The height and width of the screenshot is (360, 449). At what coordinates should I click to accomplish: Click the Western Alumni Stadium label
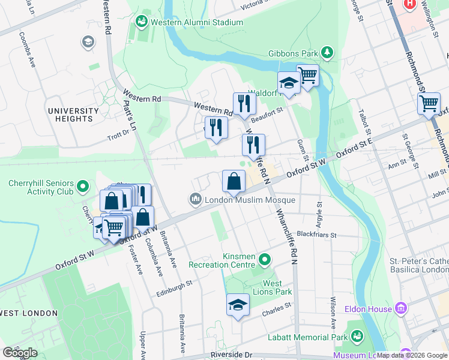click(196, 23)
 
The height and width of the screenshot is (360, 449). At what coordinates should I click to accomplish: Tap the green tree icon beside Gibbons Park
click(327, 53)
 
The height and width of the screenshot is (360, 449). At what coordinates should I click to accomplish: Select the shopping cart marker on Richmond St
click(429, 103)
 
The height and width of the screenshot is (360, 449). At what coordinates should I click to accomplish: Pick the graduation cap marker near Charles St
click(238, 304)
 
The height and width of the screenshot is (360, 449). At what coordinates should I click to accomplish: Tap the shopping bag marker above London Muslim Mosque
click(234, 180)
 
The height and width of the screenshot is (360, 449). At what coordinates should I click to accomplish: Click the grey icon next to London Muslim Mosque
click(195, 199)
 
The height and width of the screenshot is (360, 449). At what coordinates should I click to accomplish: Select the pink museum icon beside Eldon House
click(401, 310)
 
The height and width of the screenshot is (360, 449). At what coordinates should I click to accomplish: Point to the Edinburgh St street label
click(174, 284)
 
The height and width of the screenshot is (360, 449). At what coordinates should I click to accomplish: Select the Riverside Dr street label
click(231, 355)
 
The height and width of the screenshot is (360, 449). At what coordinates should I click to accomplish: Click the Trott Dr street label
click(119, 135)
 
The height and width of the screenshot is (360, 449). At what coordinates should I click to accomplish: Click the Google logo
click(20, 353)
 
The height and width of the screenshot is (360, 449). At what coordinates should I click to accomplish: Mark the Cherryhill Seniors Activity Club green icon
click(83, 188)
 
